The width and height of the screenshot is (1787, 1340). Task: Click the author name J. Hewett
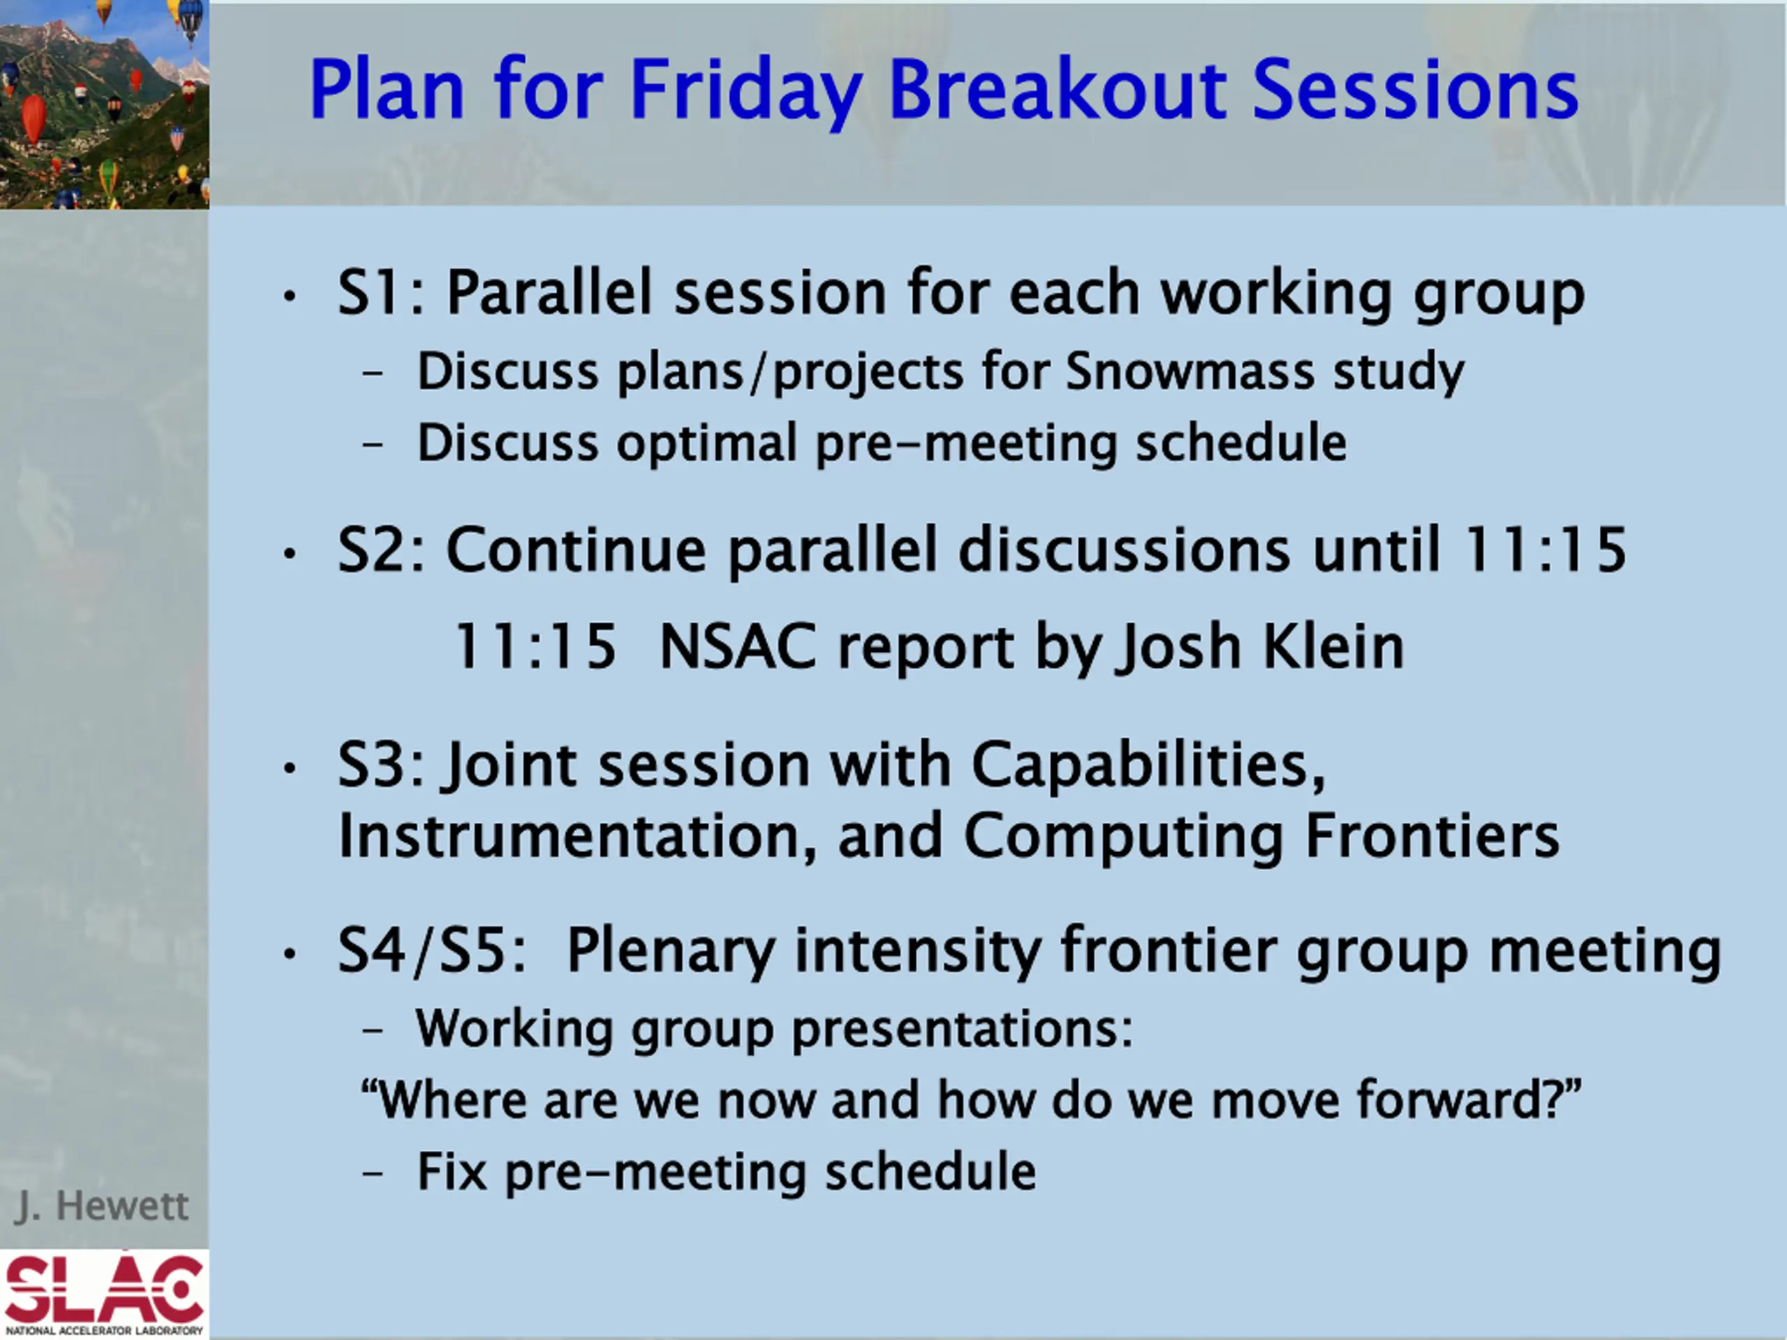pos(101,1206)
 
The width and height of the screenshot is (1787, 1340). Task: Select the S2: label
pos(381,549)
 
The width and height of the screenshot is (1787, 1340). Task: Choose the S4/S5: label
pos(431,951)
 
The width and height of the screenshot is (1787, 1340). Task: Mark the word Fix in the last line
pos(452,1172)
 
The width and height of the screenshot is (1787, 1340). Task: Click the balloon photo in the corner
pos(104,104)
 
